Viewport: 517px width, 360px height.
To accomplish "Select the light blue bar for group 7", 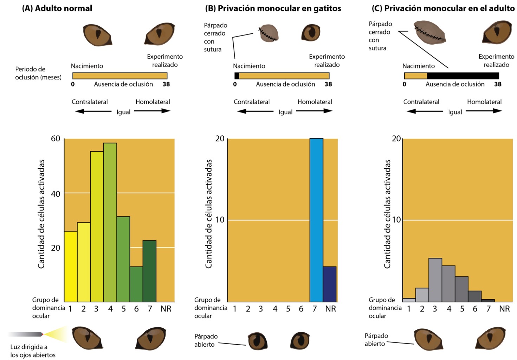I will click(316, 220).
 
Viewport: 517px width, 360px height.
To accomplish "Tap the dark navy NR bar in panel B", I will click(330, 284).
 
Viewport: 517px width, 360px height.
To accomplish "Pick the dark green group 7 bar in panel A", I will click(149, 271).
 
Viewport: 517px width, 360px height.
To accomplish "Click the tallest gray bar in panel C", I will click(435, 280).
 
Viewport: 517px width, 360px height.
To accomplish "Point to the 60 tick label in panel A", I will click(56, 139).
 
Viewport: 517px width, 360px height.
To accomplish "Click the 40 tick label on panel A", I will click(56, 194).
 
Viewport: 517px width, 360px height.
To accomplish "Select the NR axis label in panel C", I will click(504, 309).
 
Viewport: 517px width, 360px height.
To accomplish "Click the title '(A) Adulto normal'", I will click(57, 8).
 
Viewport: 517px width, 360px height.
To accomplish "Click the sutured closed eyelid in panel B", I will click(269, 33).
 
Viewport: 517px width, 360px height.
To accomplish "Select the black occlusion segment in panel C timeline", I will click(463, 76).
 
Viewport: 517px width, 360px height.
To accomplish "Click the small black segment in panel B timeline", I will click(237, 76).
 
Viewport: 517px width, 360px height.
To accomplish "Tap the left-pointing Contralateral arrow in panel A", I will click(93, 111).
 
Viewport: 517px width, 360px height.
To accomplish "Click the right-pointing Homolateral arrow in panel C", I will click(484, 111).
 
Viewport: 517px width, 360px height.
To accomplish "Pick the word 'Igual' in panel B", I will click(285, 112).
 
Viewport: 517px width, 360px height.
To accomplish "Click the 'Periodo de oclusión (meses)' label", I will click(38, 73).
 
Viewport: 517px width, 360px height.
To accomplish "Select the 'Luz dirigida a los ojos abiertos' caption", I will click(33, 351).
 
